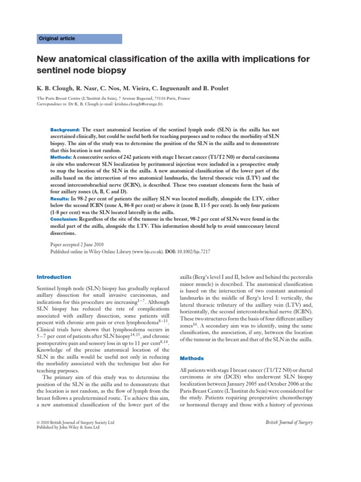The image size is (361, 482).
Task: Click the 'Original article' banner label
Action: click(x=57, y=39)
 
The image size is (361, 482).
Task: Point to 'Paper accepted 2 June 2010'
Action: click(x=78, y=245)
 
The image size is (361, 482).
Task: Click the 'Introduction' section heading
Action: click(x=54, y=277)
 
